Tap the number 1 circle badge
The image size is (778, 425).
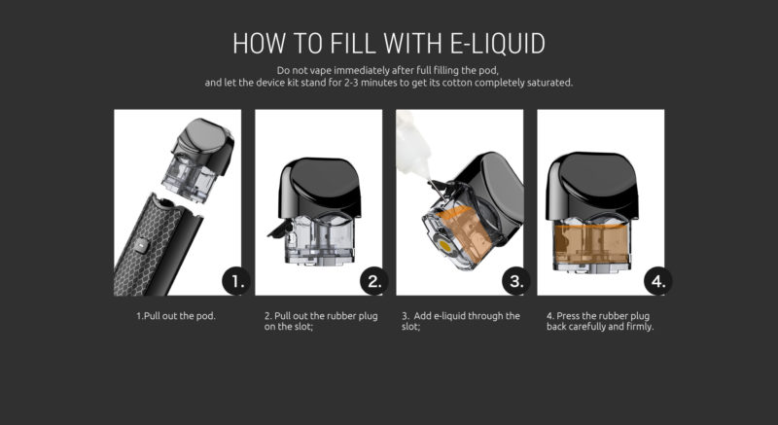[235, 282]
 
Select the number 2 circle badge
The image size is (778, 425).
[376, 282]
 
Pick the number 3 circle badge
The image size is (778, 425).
[517, 282]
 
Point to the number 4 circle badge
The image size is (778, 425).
[658, 282]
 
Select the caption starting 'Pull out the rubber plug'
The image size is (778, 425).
[318, 322]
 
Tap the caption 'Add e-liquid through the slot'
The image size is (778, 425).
[460, 322]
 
